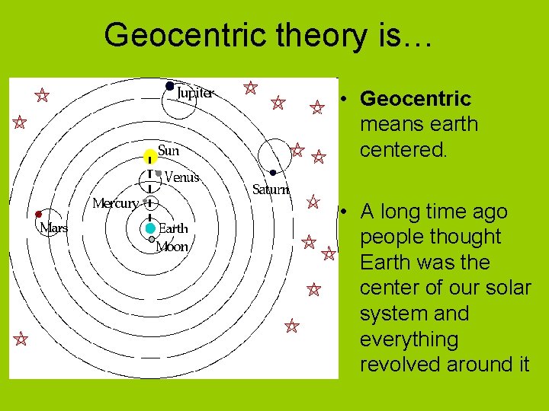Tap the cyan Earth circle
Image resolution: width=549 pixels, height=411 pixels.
[150, 228]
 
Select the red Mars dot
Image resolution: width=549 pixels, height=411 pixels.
[39, 214]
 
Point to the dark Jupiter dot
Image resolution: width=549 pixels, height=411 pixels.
[169, 86]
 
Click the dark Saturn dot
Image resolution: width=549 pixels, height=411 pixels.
[272, 173]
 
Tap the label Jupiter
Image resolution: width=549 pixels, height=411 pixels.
[195, 94]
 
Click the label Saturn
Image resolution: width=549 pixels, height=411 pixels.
[271, 190]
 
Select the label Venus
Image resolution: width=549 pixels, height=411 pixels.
[181, 177]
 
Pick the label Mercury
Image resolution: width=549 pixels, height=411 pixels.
[115, 203]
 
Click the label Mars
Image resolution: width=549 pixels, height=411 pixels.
[53, 228]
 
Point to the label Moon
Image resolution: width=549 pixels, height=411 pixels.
[172, 247]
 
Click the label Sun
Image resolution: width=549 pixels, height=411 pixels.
[169, 150]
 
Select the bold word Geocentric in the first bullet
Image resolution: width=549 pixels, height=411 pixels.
[416, 99]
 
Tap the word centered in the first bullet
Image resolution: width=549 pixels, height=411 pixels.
[403, 149]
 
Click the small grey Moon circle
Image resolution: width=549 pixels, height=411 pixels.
[151, 240]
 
